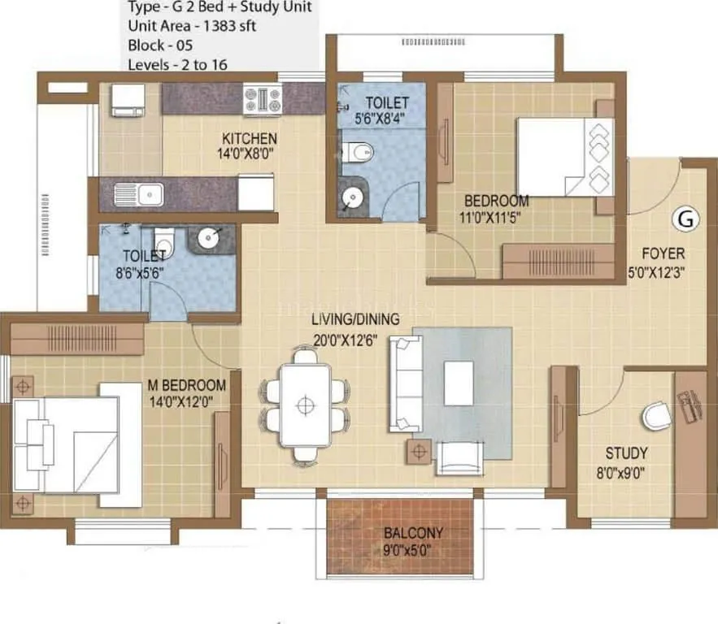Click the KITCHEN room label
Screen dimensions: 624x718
[x=250, y=138]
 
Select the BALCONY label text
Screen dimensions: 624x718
[x=413, y=533]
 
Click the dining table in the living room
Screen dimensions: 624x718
[x=305, y=404]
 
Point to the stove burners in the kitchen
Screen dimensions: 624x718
[x=263, y=99]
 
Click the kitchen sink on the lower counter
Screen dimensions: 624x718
[x=139, y=194]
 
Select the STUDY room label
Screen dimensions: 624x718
[x=626, y=453]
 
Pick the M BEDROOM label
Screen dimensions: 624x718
[x=186, y=384]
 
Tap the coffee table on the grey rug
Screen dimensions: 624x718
[x=459, y=383]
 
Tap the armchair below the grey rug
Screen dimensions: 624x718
[x=459, y=458]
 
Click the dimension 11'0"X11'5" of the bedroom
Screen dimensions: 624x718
[x=496, y=217]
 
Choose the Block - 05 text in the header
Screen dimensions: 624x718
[x=159, y=45]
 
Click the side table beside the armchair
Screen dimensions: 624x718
[x=420, y=449]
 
